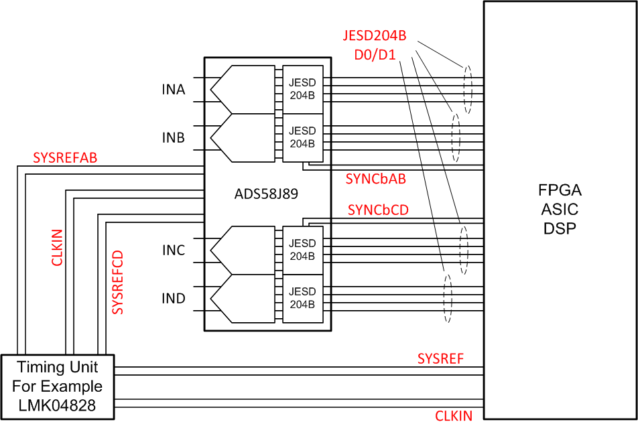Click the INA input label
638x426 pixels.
(x=173, y=90)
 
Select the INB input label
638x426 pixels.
(x=173, y=138)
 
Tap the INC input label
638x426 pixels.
(x=173, y=251)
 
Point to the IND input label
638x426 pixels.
(x=173, y=299)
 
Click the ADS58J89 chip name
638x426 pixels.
(x=267, y=195)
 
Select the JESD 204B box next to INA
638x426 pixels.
(x=302, y=88)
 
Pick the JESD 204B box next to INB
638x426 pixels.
(x=302, y=137)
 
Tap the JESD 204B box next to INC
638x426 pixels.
(x=302, y=250)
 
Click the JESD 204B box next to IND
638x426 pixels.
(x=302, y=298)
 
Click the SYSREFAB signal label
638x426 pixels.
(x=65, y=158)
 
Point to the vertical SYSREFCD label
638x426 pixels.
(x=117, y=282)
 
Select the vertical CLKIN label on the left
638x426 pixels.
(x=58, y=247)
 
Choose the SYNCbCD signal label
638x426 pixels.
(x=378, y=210)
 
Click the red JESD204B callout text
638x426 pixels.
(x=375, y=35)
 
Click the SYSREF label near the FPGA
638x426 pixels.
(x=440, y=358)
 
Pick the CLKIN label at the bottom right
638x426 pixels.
(x=454, y=416)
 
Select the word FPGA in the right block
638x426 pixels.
(x=560, y=190)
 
